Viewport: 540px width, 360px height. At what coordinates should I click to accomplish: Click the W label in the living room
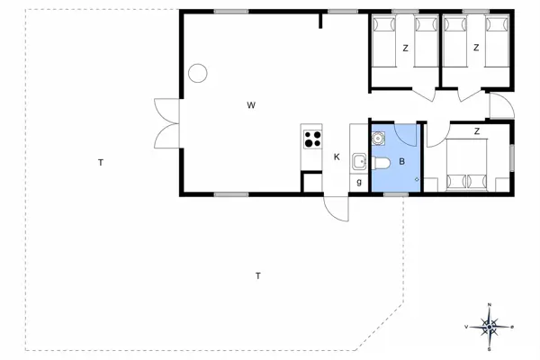[x=252, y=106]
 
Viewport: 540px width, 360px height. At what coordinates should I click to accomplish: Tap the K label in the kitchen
[x=337, y=157]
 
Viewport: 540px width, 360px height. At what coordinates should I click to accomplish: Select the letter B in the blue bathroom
[x=402, y=162]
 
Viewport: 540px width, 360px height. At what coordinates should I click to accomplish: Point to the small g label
[x=358, y=183]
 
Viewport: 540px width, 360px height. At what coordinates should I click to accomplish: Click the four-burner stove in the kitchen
[x=313, y=139]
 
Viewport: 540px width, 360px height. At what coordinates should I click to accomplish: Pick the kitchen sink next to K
[x=358, y=162]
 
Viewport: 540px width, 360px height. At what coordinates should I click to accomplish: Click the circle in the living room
[x=198, y=73]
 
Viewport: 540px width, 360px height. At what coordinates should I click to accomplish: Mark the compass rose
[x=489, y=327]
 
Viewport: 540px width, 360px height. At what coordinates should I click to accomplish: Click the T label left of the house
[x=102, y=163]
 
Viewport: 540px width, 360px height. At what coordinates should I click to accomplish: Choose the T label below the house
[x=257, y=275]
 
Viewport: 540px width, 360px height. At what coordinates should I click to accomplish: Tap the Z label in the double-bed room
[x=476, y=131]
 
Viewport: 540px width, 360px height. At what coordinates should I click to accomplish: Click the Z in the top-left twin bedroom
[x=405, y=48]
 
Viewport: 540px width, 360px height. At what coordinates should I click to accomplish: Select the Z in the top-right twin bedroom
[x=475, y=48]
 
